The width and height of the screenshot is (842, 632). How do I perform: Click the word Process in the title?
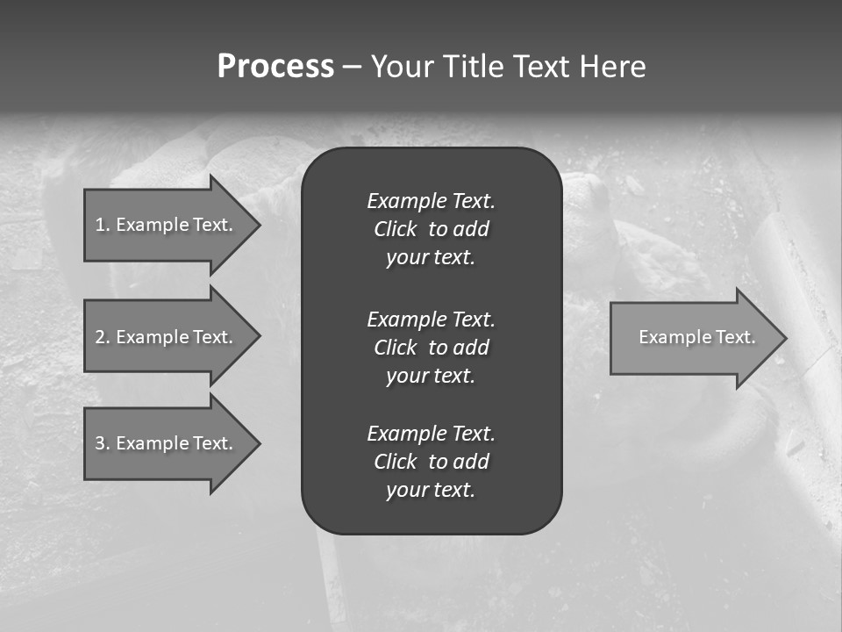(x=275, y=67)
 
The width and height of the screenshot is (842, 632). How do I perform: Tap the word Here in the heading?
(x=611, y=67)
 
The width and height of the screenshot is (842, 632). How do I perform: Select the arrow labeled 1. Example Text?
(x=164, y=225)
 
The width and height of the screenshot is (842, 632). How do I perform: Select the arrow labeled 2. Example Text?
(x=164, y=337)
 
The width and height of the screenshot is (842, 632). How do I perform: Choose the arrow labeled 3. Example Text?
(x=164, y=443)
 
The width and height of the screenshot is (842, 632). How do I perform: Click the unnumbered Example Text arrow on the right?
(x=696, y=337)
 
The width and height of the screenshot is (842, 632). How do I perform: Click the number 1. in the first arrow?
(x=103, y=225)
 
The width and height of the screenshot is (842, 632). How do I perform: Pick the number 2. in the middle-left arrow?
(x=103, y=337)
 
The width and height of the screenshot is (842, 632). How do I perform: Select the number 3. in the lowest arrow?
(x=103, y=443)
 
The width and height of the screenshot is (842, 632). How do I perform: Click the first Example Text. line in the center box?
(x=431, y=201)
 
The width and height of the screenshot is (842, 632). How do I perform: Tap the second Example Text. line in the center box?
(x=431, y=320)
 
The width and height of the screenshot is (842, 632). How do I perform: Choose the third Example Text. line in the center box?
(x=431, y=434)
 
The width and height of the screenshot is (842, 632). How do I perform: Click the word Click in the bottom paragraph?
(x=395, y=462)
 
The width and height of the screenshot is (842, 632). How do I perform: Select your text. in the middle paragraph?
(x=431, y=376)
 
